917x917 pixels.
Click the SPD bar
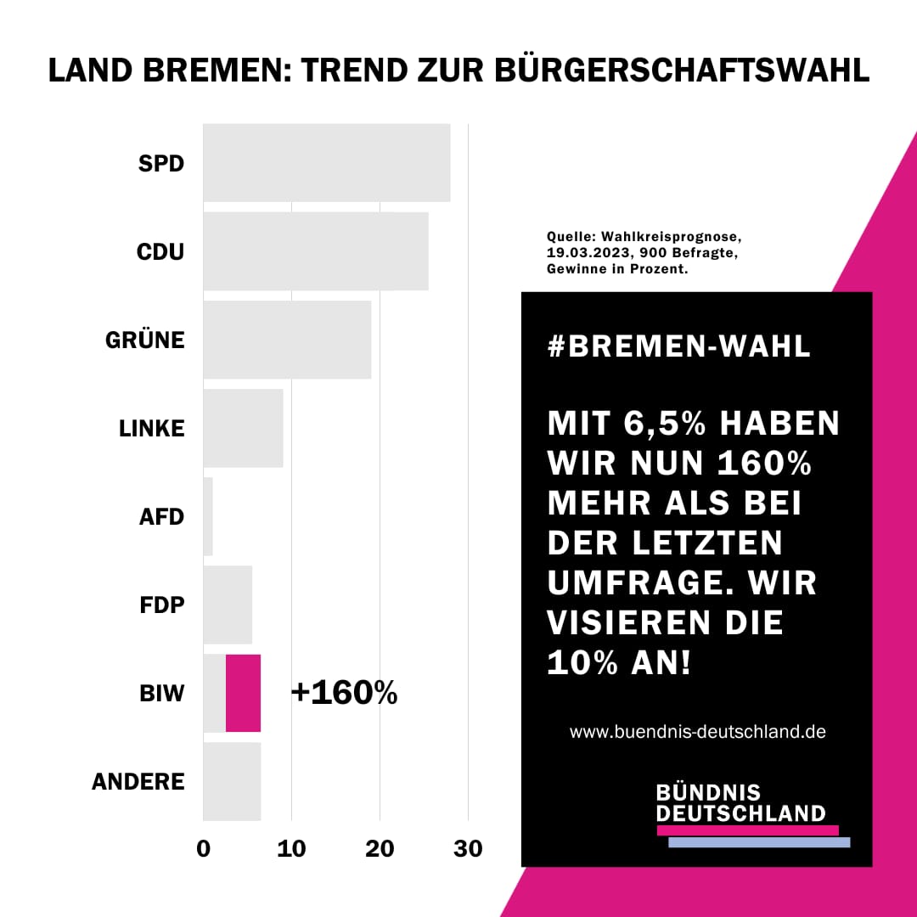[x=326, y=163]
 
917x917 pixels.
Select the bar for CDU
[x=315, y=251]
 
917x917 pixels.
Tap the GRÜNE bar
[x=287, y=340]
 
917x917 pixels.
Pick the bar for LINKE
[x=243, y=428]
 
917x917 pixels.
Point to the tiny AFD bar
[x=208, y=516]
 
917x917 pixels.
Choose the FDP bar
[x=228, y=605]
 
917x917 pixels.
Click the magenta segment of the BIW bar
[x=243, y=693]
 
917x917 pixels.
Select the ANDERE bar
[x=232, y=781]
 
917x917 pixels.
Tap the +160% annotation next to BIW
[x=344, y=693]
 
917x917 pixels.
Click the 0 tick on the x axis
[x=204, y=848]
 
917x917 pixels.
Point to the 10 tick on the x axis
[x=291, y=848]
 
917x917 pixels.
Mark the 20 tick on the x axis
[x=380, y=848]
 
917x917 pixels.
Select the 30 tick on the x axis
[x=468, y=848]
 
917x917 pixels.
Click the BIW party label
[x=161, y=694]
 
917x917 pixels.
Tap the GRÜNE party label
[x=144, y=340]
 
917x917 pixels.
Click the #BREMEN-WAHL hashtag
[x=679, y=346]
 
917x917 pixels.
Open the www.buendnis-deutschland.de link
[x=697, y=731]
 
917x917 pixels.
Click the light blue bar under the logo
[x=759, y=842]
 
